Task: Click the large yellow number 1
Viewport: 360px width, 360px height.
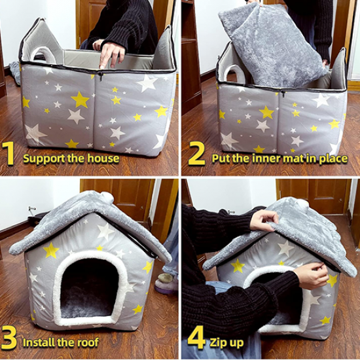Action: [x=9, y=153]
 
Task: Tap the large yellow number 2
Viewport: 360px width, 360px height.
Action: [x=196, y=153]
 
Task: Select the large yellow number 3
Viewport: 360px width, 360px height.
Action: [x=9, y=340]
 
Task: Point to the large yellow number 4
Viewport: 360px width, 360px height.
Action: [x=196, y=340]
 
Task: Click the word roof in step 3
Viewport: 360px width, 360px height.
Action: [x=88, y=342]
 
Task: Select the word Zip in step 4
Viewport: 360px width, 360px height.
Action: [x=217, y=343]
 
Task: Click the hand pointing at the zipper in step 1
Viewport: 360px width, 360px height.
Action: [x=109, y=53]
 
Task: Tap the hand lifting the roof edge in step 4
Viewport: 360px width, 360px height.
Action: [x=264, y=221]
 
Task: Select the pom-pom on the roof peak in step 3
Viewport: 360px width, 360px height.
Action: [x=107, y=196]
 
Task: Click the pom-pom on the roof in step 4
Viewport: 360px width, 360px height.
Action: [x=302, y=203]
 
